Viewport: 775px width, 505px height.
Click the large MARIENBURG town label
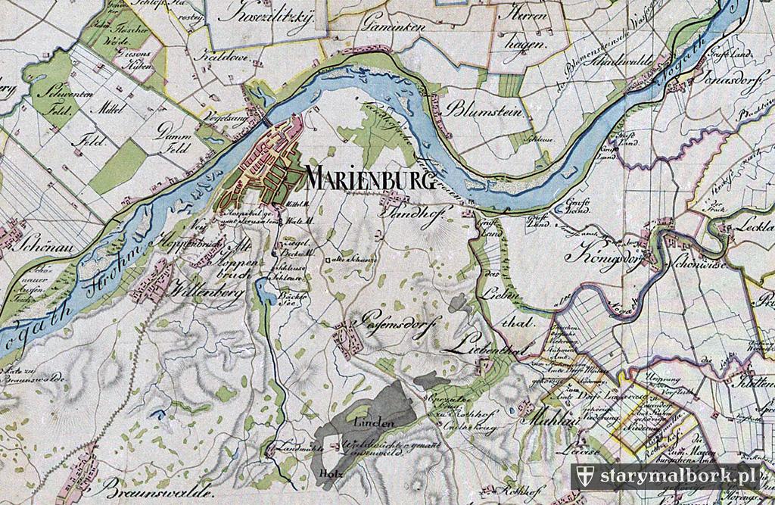[x=370, y=180]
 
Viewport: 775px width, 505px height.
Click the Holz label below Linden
[x=327, y=475]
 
